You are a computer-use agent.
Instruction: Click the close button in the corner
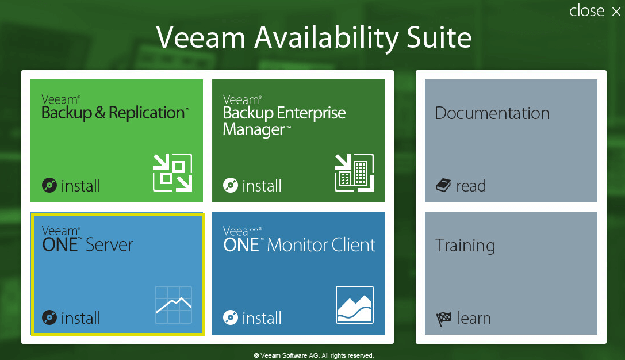(595, 11)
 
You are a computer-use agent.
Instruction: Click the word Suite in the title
(439, 37)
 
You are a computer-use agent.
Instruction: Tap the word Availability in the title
(327, 39)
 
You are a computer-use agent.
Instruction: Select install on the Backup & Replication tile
(80, 186)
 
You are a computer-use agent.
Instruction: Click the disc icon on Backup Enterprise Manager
(231, 185)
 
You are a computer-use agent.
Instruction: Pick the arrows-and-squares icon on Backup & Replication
(172, 172)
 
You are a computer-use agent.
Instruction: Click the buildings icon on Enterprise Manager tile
(354, 172)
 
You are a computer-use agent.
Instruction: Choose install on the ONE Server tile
(80, 318)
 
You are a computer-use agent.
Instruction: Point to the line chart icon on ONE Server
(174, 305)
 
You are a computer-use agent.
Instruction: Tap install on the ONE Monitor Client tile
(262, 318)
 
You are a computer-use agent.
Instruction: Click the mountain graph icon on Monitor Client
(355, 305)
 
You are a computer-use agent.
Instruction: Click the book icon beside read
(443, 185)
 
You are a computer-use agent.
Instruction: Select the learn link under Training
(474, 318)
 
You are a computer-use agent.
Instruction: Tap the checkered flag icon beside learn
(443, 319)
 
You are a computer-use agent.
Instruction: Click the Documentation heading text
(492, 113)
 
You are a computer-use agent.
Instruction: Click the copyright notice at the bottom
(314, 355)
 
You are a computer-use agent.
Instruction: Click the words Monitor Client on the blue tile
(321, 245)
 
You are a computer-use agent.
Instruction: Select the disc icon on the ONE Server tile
(49, 318)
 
